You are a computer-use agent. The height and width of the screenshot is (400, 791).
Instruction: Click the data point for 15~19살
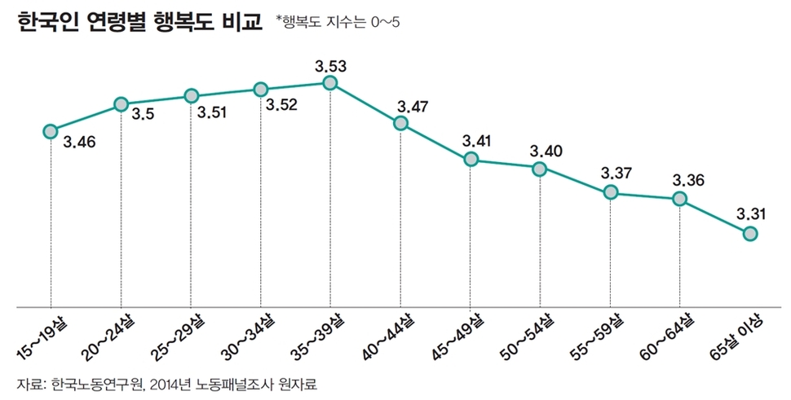click(x=51, y=130)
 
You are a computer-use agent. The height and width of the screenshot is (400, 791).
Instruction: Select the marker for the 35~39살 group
click(x=330, y=83)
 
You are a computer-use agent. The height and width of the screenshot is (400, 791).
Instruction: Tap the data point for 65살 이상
click(x=750, y=234)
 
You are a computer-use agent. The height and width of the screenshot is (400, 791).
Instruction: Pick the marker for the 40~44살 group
click(x=400, y=124)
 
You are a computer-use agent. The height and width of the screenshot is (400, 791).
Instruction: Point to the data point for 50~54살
click(x=540, y=169)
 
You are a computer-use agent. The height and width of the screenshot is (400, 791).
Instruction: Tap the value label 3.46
click(x=79, y=142)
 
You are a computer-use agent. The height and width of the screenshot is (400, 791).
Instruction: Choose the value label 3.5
click(x=143, y=115)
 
